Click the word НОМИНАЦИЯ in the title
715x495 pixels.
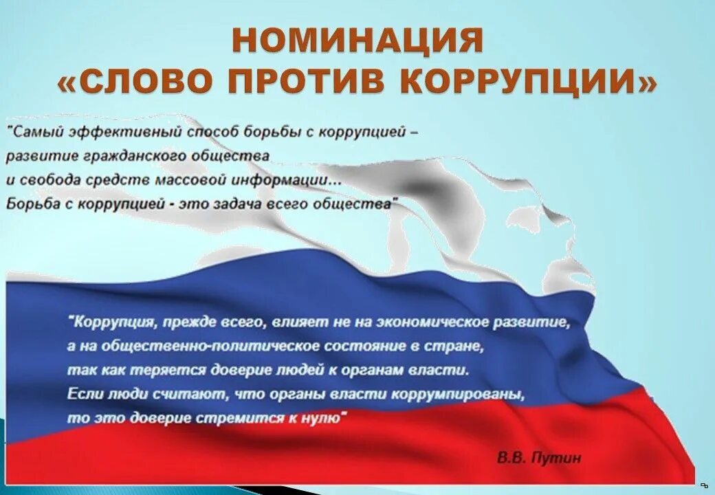tap(357, 41)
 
